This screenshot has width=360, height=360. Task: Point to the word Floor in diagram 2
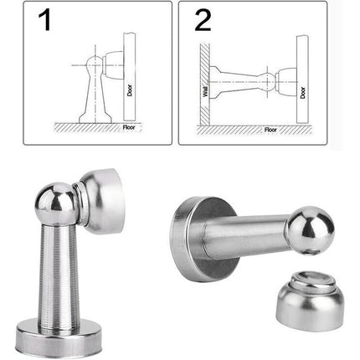270,130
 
